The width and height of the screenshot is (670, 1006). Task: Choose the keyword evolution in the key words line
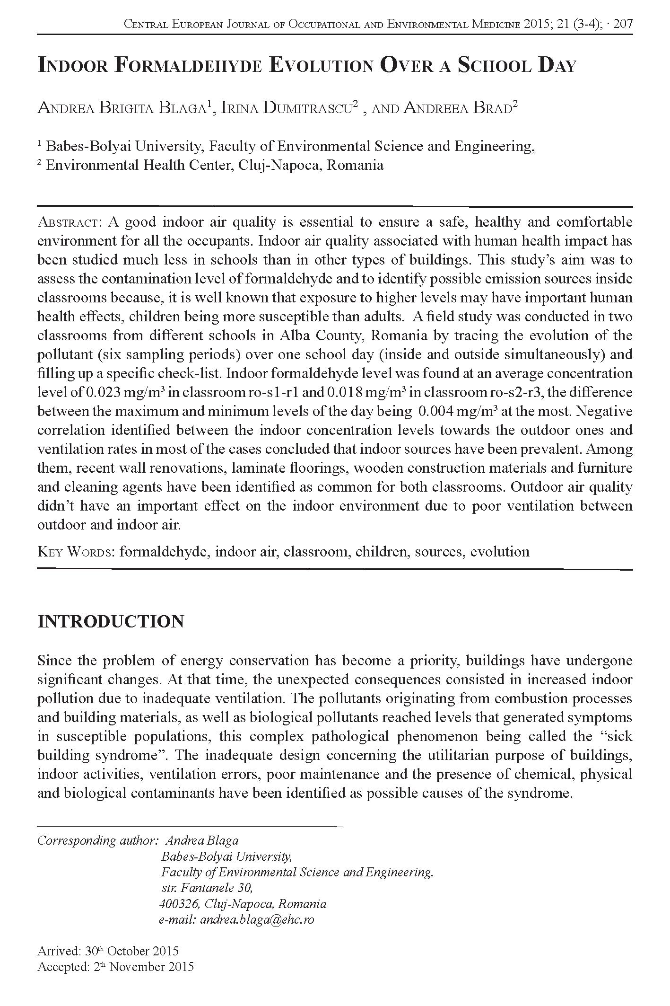click(x=499, y=552)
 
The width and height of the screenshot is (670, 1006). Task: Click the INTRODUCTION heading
click(x=111, y=621)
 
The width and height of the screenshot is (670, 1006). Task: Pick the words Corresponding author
click(x=97, y=840)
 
